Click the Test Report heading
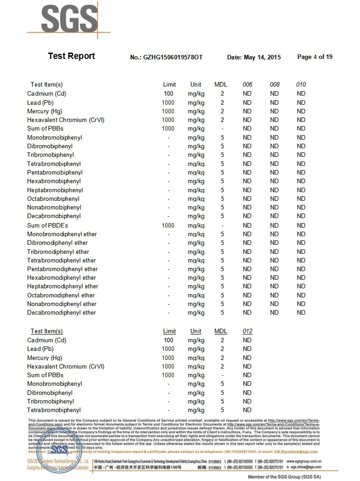point(71,56)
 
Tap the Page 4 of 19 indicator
point(315,57)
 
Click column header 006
point(247,84)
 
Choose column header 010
point(301,84)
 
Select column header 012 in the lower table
point(247,331)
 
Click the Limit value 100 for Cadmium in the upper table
point(169,93)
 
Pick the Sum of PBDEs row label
point(48,225)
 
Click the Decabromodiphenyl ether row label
point(62,312)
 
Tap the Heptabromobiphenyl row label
point(55,190)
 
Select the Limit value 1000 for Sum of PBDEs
point(168,225)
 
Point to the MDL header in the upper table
point(221,84)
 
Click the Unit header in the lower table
point(196,331)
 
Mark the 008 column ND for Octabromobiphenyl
point(274,199)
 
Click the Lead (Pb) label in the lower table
point(40,349)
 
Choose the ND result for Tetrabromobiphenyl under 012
point(247,410)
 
